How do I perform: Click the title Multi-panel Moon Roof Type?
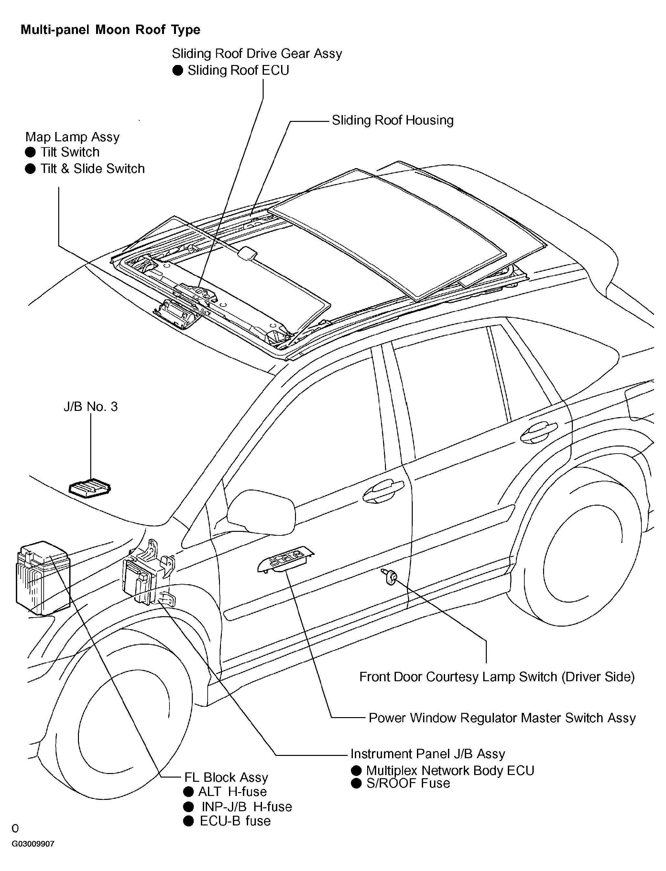(110, 30)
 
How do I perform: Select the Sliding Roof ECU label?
(238, 70)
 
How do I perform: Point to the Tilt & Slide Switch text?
(93, 169)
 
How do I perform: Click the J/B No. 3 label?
(91, 407)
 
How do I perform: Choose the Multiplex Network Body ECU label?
(450, 770)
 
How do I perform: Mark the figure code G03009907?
(33, 855)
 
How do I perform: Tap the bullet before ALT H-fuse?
(188, 791)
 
